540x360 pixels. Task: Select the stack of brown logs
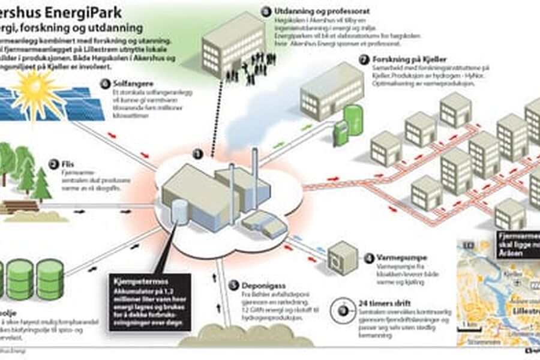(x=19, y=207)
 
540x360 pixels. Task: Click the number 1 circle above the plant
(x=197, y=154)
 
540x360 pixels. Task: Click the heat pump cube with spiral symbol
(x=343, y=259)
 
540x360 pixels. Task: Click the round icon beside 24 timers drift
(x=343, y=311)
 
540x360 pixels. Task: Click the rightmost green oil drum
(x=50, y=280)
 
